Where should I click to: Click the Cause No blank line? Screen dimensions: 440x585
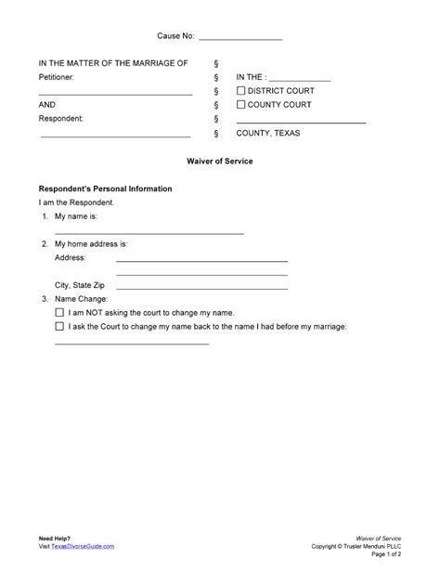pyautogui.click(x=240, y=38)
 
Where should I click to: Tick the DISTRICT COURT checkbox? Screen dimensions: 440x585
pyautogui.click(x=241, y=91)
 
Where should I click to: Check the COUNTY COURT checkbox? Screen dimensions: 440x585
pyautogui.click(x=241, y=105)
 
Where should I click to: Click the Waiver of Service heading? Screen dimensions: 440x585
pyautogui.click(x=219, y=162)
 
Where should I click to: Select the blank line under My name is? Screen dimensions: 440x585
pyautogui.click(x=149, y=231)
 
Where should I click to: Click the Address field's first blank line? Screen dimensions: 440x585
pyautogui.click(x=201, y=261)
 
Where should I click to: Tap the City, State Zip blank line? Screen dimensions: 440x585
pyautogui.click(x=201, y=289)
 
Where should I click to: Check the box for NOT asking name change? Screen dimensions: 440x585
pyautogui.click(x=60, y=314)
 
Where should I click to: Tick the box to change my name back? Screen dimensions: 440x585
pyautogui.click(x=60, y=327)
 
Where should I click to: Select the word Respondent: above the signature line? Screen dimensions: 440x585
pyautogui.click(x=61, y=119)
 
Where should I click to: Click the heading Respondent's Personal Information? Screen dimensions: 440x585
pyautogui.click(x=104, y=188)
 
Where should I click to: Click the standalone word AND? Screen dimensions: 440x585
pyautogui.click(x=46, y=105)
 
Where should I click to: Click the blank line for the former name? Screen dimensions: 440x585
pyautogui.click(x=132, y=343)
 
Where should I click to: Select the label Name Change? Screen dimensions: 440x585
pyautogui.click(x=82, y=300)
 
